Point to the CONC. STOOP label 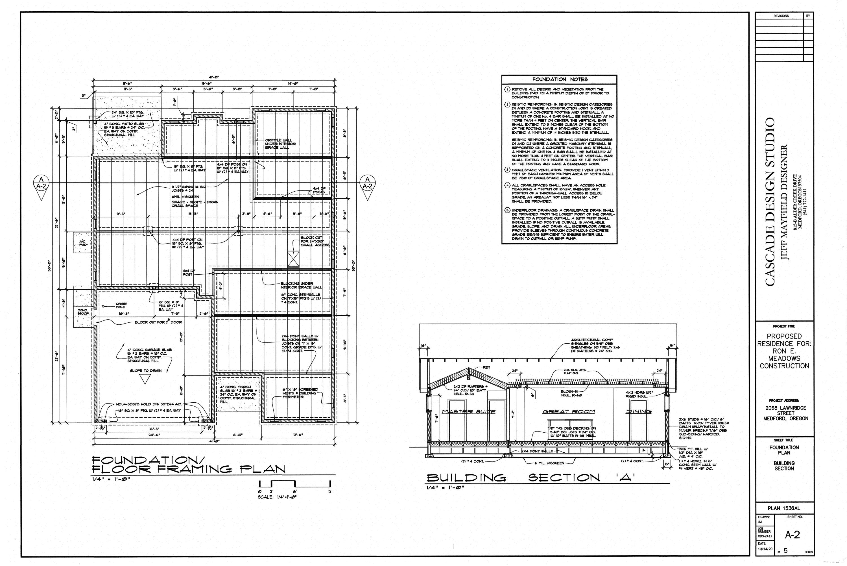pyautogui.click(x=82, y=311)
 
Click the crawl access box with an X pyautogui.click(x=294, y=259)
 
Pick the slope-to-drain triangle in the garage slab pyautogui.click(x=146, y=379)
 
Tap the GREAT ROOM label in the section pyautogui.click(x=569, y=411)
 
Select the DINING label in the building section pyautogui.click(x=639, y=411)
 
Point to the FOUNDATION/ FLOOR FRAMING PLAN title pyautogui.click(x=189, y=465)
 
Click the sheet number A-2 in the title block pyautogui.click(x=792, y=535)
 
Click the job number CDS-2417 pyautogui.click(x=765, y=536)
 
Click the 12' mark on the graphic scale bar pyautogui.click(x=331, y=492)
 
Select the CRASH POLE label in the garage pyautogui.click(x=121, y=305)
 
